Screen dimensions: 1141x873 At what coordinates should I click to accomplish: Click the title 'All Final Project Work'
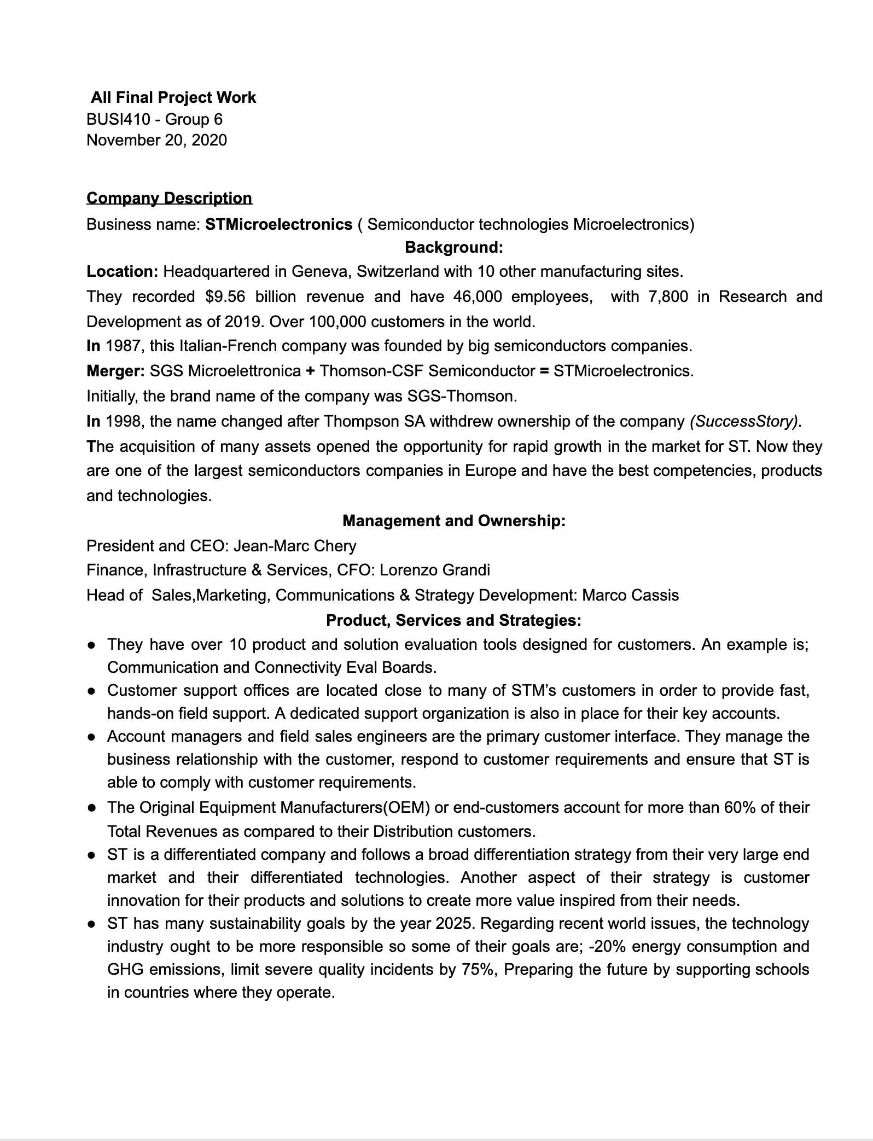[x=173, y=97]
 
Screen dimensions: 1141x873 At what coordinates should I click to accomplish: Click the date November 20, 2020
[x=156, y=140]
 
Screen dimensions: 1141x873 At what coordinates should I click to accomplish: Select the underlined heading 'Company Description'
[x=169, y=198]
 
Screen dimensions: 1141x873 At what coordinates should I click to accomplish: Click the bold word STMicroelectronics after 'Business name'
[x=278, y=224]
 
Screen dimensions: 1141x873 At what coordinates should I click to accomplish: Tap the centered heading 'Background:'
[x=453, y=248]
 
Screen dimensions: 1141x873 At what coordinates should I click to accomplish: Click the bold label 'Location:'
[x=123, y=271]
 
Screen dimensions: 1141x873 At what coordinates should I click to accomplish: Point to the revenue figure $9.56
[x=225, y=296]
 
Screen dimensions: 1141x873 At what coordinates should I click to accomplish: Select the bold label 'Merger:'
[x=115, y=371]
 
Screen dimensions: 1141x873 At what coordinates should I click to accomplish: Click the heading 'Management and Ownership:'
[x=453, y=521]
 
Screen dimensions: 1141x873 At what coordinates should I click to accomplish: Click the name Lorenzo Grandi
[x=435, y=570]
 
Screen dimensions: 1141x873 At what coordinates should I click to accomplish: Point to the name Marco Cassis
[x=630, y=595]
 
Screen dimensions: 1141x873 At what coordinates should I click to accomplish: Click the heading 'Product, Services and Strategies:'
[x=453, y=620]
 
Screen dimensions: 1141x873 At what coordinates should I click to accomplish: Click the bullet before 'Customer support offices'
[x=92, y=691]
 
